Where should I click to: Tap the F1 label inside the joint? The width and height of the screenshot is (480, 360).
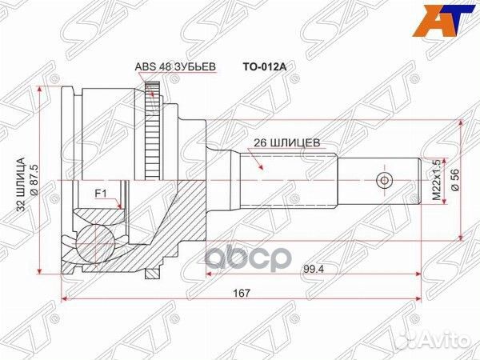(x=101, y=193)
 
